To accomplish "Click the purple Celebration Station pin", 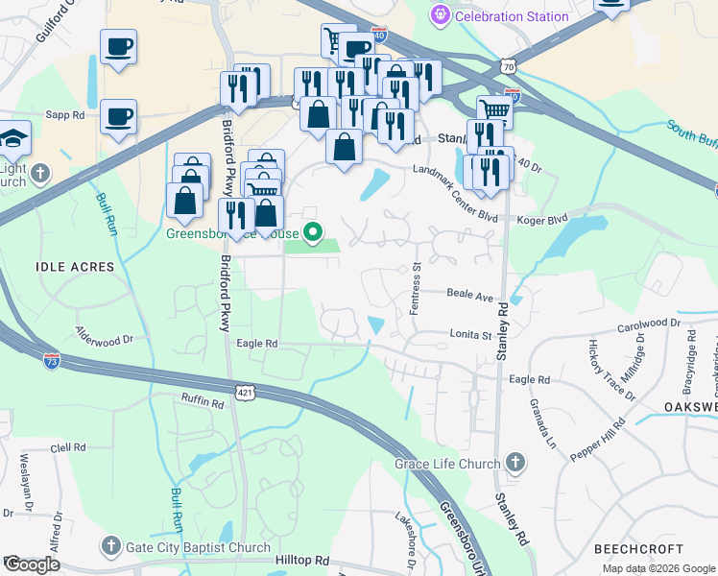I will pos(441,15).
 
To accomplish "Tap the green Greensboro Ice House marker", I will pos(312,231).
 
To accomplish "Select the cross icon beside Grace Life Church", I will pos(515,464).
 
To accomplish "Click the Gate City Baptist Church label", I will pos(199,548).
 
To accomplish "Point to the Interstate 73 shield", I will pos(52,362).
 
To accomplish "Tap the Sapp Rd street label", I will pos(65,114).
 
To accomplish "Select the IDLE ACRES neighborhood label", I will pos(75,266).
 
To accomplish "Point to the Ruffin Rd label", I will pos(203,400).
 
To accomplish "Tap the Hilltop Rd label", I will pos(301,561).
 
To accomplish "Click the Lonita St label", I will pos(470,335).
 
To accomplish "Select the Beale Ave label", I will pos(469,297).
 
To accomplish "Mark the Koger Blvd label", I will pos(543,218).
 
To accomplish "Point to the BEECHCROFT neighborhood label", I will pos(638,548).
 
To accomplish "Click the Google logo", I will pos(32,564).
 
